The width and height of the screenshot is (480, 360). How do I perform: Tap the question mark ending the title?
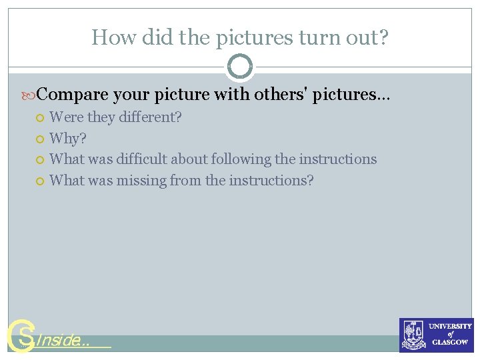[383, 37]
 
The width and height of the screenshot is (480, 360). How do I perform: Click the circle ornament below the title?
[240, 67]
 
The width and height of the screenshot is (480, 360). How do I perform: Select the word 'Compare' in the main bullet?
[77, 95]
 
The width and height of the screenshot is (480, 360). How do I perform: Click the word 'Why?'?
[68, 139]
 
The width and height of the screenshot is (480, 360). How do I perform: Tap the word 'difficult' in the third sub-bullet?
[142, 159]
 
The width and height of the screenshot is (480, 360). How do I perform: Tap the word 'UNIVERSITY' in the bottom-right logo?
[450, 327]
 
